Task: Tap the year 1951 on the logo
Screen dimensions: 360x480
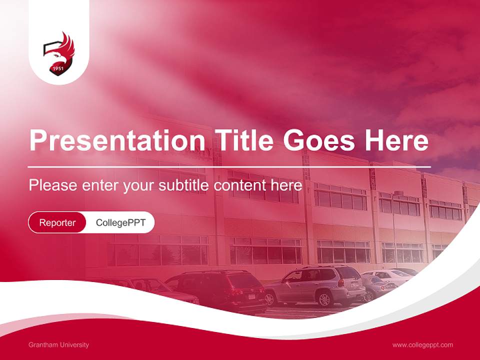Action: [58, 68]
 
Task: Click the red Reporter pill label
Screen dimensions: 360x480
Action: [57, 222]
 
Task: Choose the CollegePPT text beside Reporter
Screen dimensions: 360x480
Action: [120, 222]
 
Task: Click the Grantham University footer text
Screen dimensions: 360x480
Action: [59, 344]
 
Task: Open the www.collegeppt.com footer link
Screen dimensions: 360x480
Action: [422, 344]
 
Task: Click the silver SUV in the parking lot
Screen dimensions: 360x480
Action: [315, 285]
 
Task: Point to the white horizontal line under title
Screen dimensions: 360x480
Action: [229, 166]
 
